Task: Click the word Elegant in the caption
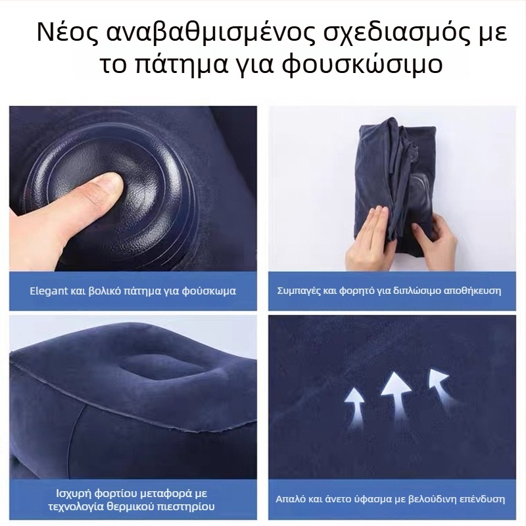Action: pyautogui.click(x=48, y=290)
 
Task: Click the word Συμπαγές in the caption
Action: pyautogui.click(x=297, y=290)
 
